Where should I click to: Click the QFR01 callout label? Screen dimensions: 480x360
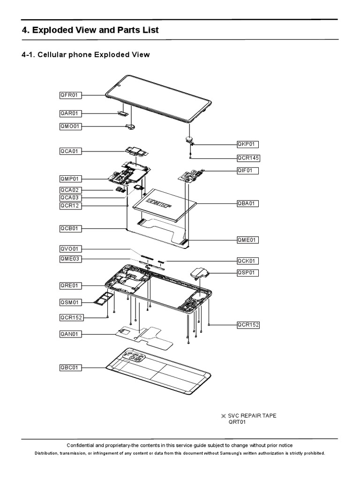pos(70,95)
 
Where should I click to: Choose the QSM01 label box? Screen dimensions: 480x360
pos(70,302)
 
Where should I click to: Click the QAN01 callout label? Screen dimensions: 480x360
pos(70,334)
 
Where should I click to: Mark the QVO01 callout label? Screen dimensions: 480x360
pos(70,249)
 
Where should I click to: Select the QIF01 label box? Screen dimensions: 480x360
pos(247,171)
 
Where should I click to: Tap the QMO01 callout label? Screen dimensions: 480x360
pos(71,126)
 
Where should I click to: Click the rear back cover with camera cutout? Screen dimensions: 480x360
pos(159,370)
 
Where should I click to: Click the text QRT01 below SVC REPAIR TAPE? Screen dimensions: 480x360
pos(237,422)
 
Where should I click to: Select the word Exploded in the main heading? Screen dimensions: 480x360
pos(58,30)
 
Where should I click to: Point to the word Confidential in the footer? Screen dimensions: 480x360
pos(85,445)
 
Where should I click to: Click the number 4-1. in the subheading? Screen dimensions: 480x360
pos(30,55)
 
